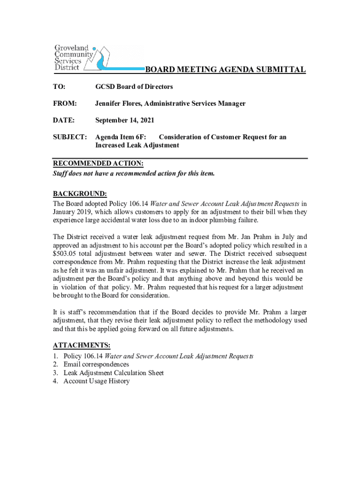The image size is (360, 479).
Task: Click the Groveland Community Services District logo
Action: pos(82,58)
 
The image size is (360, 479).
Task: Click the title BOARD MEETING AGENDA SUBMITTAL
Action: pos(225,70)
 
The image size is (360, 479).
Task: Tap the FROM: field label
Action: pos(65,103)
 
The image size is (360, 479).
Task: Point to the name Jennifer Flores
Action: pos(117,103)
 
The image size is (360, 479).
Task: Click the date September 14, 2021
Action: pos(125,120)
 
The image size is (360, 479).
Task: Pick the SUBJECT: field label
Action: pos(70,137)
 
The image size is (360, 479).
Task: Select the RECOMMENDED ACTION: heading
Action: pos(98,163)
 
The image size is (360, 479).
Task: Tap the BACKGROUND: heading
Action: pos(80,194)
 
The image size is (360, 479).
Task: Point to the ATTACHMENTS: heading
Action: pos(82,345)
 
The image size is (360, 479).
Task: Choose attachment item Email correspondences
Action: pos(96,364)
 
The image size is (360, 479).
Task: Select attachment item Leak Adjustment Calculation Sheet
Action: pos(114,373)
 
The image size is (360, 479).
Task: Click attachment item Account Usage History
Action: pos(96,381)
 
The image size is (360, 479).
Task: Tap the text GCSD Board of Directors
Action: pos(134,87)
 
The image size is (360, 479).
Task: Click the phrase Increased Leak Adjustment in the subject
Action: pos(137,145)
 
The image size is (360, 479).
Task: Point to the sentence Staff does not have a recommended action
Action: pos(134,173)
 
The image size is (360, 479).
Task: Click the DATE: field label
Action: pos(64,120)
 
